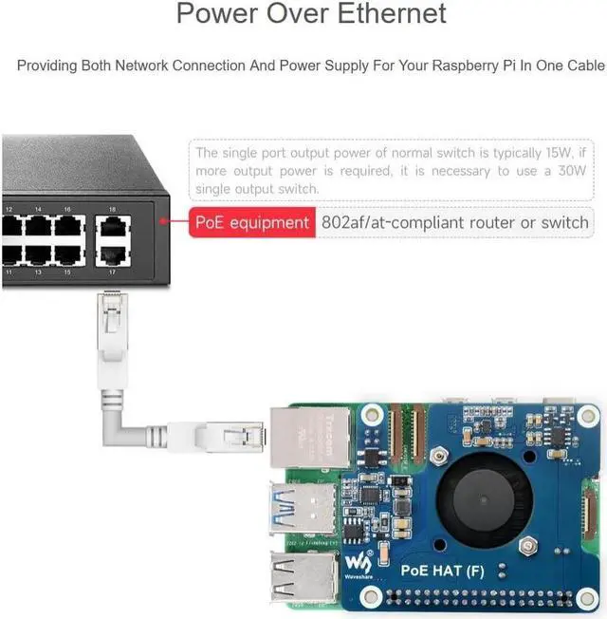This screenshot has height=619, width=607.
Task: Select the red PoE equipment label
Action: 251,223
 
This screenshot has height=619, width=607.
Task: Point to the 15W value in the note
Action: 558,153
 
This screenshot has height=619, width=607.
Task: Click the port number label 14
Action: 38,209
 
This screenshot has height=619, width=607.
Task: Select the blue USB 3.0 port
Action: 302,502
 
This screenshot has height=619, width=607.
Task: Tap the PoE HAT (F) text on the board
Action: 443,571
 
